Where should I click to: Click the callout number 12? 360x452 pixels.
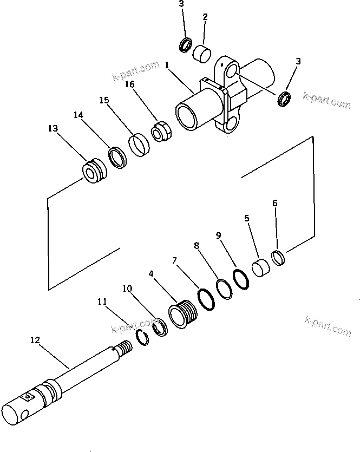(x=35, y=340)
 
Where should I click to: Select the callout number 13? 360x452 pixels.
(x=53, y=128)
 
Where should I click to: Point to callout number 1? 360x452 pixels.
(x=168, y=64)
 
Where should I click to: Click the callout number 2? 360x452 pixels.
(x=205, y=17)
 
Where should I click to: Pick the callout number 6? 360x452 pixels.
(x=274, y=203)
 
